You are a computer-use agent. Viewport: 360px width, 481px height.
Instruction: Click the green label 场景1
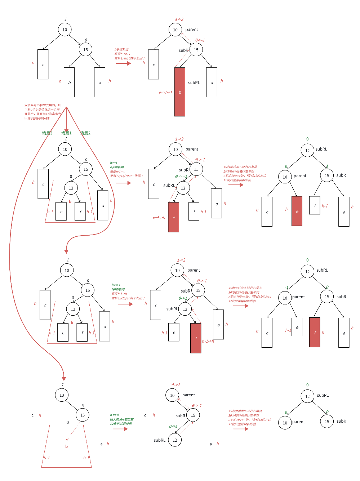[x=66, y=133]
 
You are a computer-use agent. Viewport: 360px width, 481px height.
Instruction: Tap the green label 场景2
[x=85, y=133]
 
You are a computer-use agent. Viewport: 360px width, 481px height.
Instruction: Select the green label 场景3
[x=47, y=133]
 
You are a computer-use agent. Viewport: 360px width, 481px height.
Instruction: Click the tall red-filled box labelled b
[x=179, y=92]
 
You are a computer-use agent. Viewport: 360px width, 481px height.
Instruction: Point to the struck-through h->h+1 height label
[x=166, y=93]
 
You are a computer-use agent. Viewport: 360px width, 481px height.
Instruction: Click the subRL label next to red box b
[x=194, y=83]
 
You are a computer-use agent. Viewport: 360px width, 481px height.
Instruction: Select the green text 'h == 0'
[x=115, y=415]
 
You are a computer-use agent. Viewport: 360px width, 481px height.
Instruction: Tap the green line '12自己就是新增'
[x=121, y=424]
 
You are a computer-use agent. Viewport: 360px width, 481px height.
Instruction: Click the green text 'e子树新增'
[x=117, y=167]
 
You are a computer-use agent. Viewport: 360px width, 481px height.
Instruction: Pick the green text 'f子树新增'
[x=119, y=289]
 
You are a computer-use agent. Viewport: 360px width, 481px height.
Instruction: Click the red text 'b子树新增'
[x=121, y=49]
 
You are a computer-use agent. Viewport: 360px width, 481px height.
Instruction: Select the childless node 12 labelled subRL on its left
[x=175, y=440]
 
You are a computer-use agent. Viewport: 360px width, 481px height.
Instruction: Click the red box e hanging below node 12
[x=174, y=217]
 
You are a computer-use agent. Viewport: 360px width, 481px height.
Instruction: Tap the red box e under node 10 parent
[x=297, y=211]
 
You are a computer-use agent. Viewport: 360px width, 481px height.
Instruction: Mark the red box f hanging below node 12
[x=196, y=338]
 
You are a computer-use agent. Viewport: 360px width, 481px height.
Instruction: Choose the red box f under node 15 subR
[x=315, y=332]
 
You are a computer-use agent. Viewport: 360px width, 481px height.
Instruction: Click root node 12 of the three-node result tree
[x=307, y=396]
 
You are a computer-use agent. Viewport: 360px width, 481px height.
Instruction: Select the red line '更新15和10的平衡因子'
[x=130, y=58]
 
